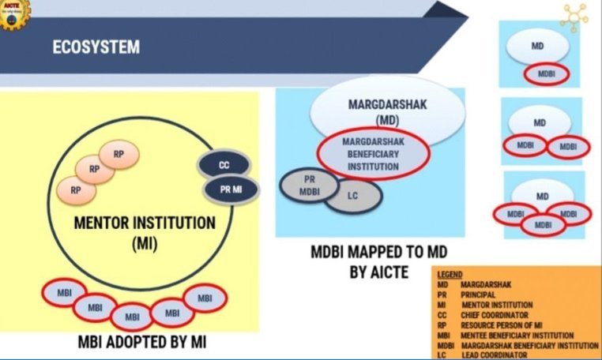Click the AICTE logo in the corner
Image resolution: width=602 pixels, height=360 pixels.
[x=13, y=12]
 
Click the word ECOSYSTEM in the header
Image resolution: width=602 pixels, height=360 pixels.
[x=96, y=47]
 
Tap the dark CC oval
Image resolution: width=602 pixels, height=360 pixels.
[x=224, y=166]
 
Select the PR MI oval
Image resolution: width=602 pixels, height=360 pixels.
[x=226, y=189]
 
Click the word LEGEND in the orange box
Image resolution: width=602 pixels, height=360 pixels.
[x=450, y=273]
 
